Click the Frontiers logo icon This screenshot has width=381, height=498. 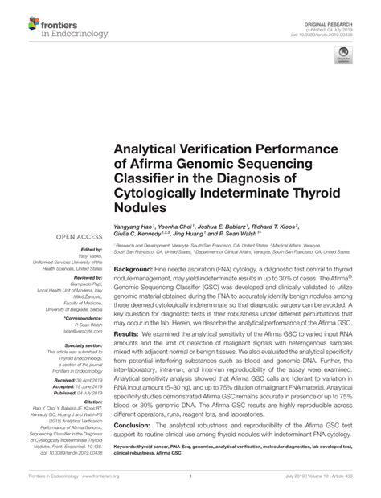pos(18,18)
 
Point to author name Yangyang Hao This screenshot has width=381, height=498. pos(134,227)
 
